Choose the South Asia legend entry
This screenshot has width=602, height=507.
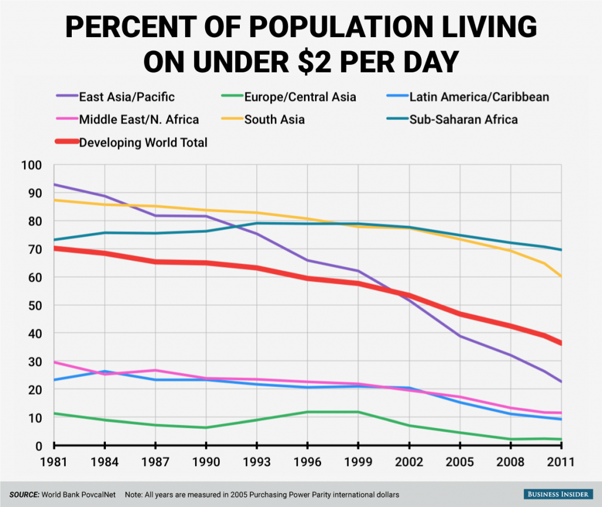274,119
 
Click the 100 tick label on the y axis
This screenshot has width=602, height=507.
31,165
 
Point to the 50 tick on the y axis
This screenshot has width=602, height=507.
34,305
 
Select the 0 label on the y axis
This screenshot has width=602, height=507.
38,446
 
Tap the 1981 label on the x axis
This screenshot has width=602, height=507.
54,463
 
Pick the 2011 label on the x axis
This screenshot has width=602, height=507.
561,463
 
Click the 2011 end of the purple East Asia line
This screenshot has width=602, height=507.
561,382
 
